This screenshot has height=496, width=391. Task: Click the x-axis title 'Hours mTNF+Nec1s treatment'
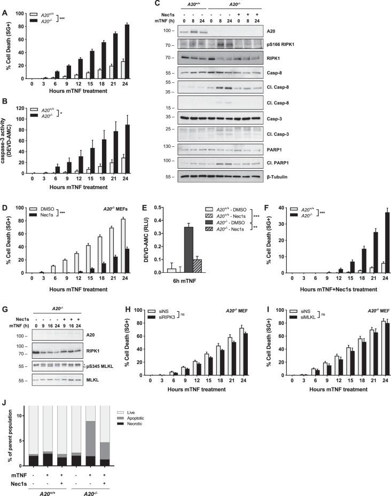(330, 282)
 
